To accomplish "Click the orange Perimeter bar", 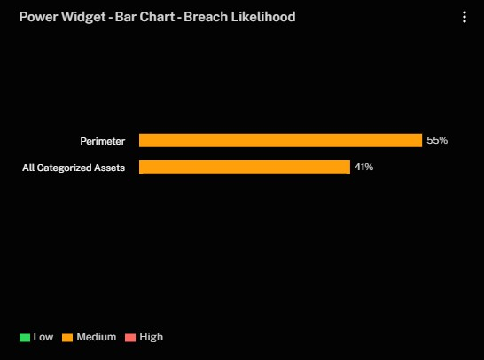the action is tap(280, 140).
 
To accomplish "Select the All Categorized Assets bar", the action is tap(245, 167).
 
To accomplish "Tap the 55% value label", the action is tap(437, 140).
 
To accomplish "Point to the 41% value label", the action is tap(364, 167).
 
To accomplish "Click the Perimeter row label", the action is tap(103, 141).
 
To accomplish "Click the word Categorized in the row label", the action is tap(64, 168).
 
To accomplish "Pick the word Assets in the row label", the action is tap(110, 168).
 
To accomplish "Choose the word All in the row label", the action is tap(28, 168).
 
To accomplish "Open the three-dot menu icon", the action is tap(464, 17).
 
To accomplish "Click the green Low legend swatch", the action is tap(25, 338).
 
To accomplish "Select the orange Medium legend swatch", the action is tap(67, 338).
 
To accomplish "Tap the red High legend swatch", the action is tap(130, 338).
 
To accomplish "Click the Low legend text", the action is tap(43, 337).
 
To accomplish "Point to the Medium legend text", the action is tap(97, 337).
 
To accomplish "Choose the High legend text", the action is tap(152, 337).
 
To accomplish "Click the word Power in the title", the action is tap(38, 17).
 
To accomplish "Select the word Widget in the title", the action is tap(83, 18).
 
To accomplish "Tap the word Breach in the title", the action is tap(206, 17).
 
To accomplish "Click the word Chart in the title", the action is tap(157, 17).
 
